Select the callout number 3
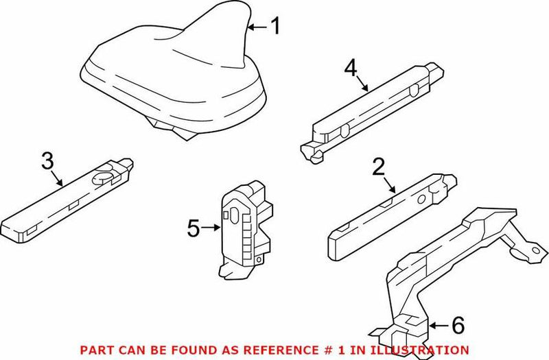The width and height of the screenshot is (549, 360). coord(47,162)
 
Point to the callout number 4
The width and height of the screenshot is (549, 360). coord(351,69)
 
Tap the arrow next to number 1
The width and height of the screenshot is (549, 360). coord(257,27)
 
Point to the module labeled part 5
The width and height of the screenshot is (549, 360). coord(244,226)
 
